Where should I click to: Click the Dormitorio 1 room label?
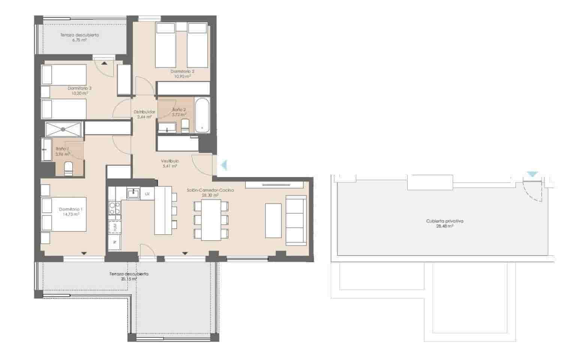pyautogui.click(x=71, y=209)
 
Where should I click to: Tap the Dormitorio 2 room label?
pyautogui.click(x=182, y=71)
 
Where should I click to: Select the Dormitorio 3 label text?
pyautogui.click(x=79, y=88)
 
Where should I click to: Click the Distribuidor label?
pyautogui.click(x=144, y=112)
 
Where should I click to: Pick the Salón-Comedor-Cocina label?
pyautogui.click(x=210, y=190)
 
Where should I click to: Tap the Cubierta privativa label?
pyautogui.click(x=445, y=221)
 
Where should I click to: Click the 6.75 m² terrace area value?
pyautogui.click(x=79, y=40)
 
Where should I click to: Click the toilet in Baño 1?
pyautogui.click(x=69, y=169)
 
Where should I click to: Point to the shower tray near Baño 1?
pyautogui.click(x=63, y=129)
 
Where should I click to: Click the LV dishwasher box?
pyautogui.click(x=147, y=194)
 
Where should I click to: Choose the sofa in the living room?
pyautogui.click(x=296, y=220)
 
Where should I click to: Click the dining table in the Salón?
pyautogui.click(x=211, y=220)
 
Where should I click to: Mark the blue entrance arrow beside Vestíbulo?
pyautogui.click(x=223, y=165)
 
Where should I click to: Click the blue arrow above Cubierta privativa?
pyautogui.click(x=532, y=174)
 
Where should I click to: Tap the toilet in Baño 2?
pyautogui.click(x=185, y=126)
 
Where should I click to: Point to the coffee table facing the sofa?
pyautogui.click(x=273, y=220)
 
